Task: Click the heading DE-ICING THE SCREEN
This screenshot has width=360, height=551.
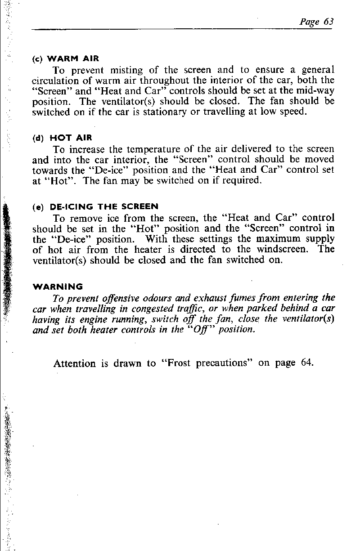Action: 104,207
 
